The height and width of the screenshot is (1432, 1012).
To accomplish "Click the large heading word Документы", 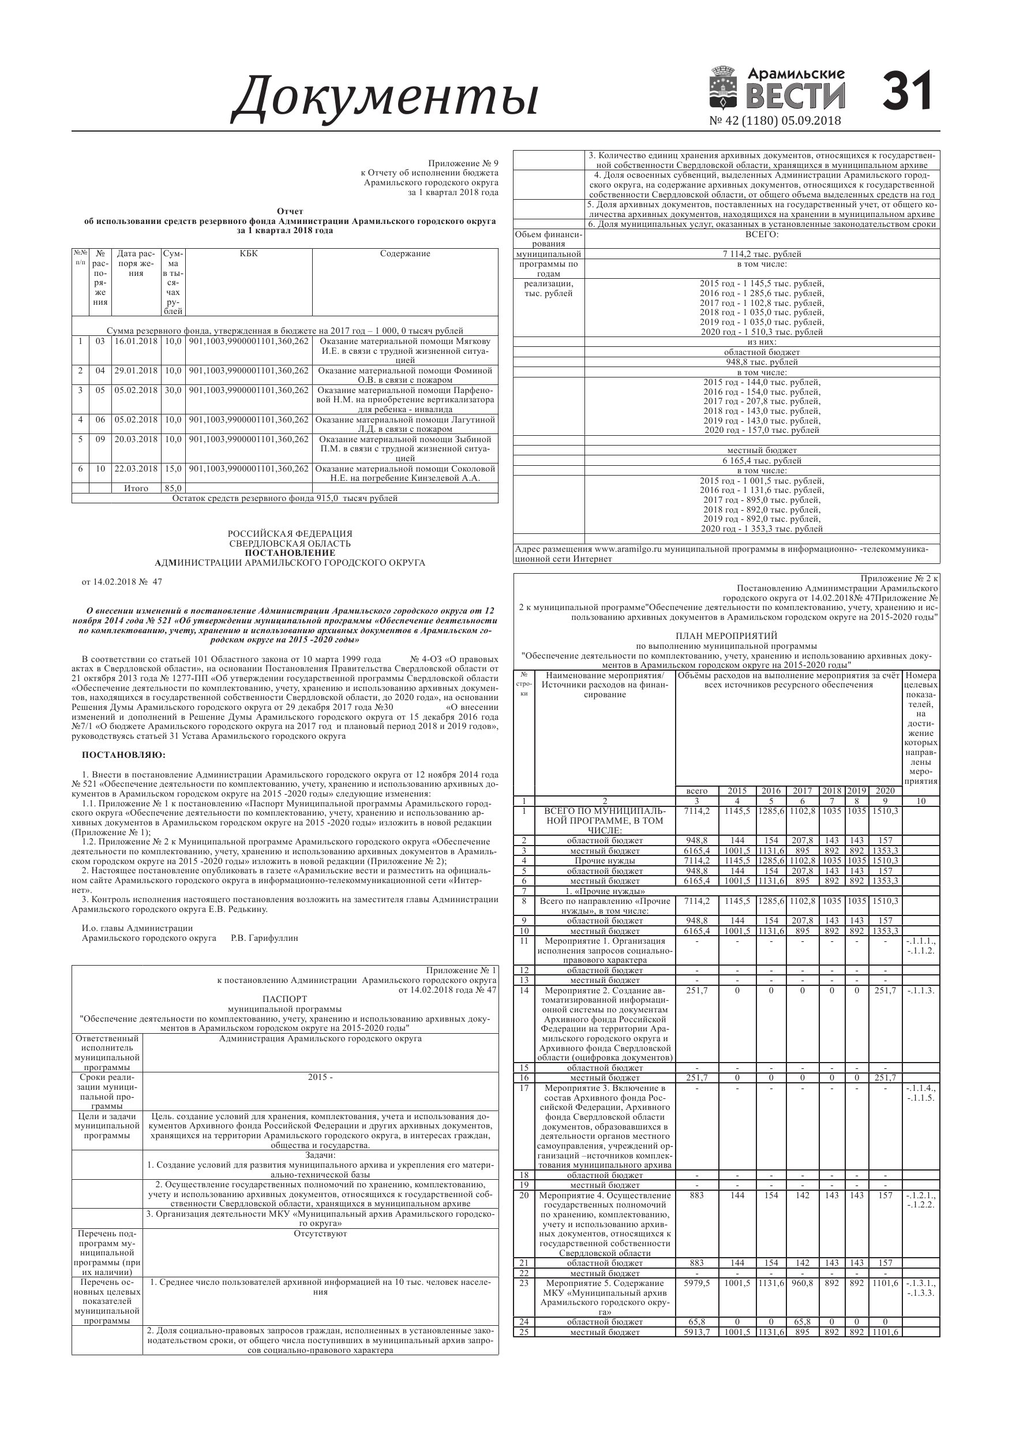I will pos(385,96).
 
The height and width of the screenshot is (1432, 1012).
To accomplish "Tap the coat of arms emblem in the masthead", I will pos(724,91).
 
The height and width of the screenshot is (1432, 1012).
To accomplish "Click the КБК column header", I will pos(248,254).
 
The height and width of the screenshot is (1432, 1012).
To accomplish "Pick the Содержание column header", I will pos(404,254).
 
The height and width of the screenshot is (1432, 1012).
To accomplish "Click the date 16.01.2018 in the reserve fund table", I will pos(136,341).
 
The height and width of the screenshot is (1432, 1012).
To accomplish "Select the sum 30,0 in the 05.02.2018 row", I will pos(173,390).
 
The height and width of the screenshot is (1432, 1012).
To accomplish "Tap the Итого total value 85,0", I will pos(173,488).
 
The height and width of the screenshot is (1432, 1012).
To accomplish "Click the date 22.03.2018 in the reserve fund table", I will pos(136,469).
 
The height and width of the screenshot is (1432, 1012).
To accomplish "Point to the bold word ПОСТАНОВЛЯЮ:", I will pos(124,756).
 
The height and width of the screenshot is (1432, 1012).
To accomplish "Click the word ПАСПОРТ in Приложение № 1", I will pos(284,999).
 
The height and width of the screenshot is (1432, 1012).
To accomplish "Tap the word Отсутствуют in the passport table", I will pos(320,1233).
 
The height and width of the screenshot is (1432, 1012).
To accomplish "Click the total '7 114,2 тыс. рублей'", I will pos(762,254).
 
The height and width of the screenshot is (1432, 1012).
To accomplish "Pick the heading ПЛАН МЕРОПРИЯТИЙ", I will pos(726,635).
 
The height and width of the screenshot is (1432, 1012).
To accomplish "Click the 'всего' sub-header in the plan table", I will pos(696,791).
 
